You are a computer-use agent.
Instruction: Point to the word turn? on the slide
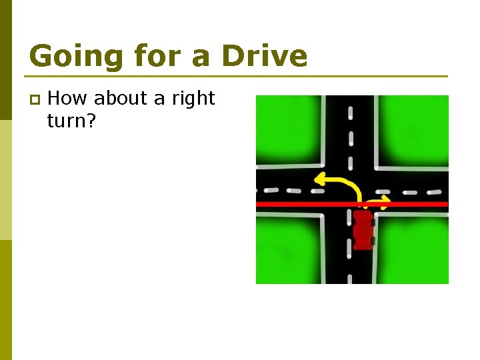coord(73,121)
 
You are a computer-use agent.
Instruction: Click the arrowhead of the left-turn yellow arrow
coord(319,179)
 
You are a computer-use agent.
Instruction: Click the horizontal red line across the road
coord(300,204)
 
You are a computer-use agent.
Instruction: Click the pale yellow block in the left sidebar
coord(6,180)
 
